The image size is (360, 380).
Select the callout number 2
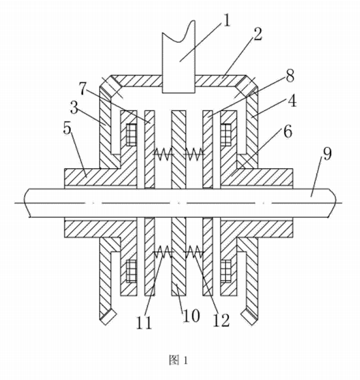point(257,34)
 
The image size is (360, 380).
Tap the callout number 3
point(74,107)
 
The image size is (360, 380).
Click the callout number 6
point(288,131)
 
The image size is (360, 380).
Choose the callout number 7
point(83,88)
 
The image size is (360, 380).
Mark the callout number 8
point(290,76)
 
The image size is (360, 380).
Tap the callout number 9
point(327,153)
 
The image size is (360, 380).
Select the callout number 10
point(191,316)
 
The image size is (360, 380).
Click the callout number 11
point(144,322)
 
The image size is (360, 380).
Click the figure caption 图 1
point(178,360)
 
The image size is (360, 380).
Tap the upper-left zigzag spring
point(163,153)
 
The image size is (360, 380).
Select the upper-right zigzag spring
point(194,153)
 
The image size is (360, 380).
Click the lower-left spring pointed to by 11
point(164,252)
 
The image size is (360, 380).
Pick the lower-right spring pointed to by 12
point(194,252)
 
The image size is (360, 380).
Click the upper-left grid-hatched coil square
point(131,134)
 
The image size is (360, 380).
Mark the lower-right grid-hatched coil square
point(226,271)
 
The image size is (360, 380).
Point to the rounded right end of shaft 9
point(336,203)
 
